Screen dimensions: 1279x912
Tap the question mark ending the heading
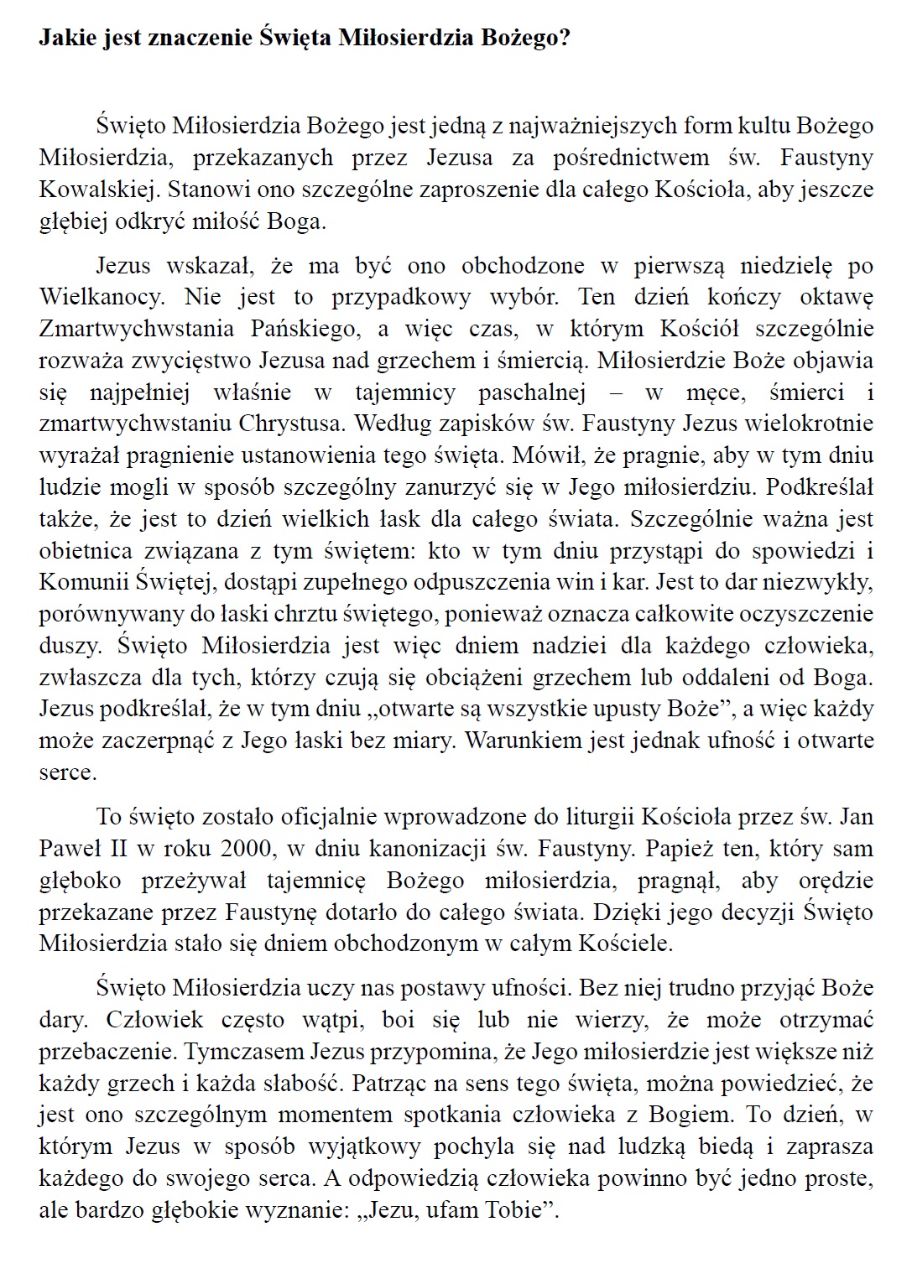[x=564, y=39]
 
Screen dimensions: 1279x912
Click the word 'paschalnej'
[x=531, y=393]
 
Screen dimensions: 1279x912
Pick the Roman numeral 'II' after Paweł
[x=115, y=849]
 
